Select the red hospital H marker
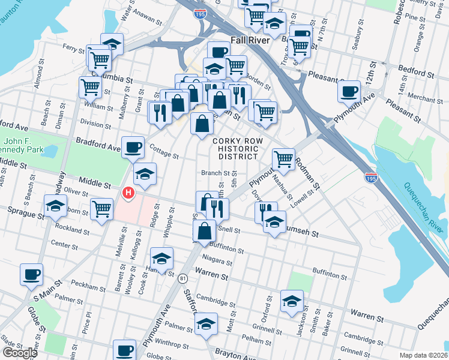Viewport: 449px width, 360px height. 128,193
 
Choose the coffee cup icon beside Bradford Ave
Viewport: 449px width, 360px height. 133,146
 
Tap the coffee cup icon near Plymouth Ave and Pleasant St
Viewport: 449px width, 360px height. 348,91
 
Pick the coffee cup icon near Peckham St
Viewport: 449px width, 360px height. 31,274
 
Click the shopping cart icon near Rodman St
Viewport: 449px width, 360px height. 283,159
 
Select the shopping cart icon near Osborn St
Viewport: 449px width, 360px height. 102,209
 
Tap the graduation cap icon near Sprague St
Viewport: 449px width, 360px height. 55,206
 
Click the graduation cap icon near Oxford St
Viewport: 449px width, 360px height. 292,301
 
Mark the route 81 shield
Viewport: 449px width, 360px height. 183,278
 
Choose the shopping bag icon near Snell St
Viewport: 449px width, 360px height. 205,230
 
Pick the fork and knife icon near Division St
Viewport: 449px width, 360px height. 160,112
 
